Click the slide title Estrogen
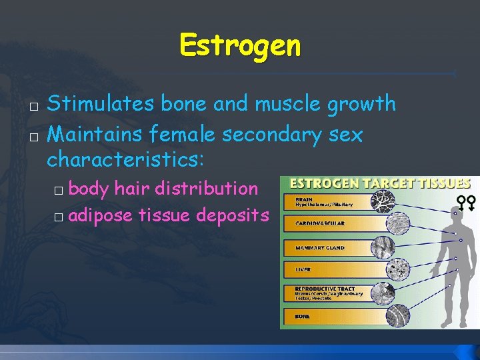(x=240, y=46)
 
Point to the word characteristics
(x=125, y=161)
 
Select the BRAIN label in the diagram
(x=305, y=198)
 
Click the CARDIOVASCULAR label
(x=320, y=223)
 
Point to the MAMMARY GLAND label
(x=320, y=248)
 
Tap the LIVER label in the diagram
(x=303, y=270)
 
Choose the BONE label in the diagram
(x=303, y=316)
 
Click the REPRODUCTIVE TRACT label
(x=325, y=289)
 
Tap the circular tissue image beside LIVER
(x=383, y=269)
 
